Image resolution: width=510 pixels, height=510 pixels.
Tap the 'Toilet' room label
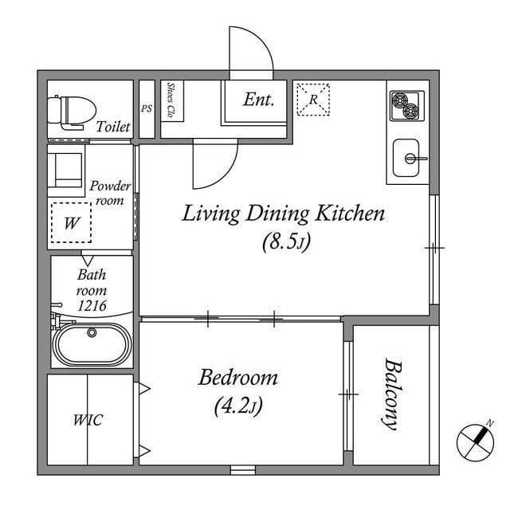click(x=113, y=127)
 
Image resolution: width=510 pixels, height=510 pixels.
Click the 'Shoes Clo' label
click(x=172, y=100)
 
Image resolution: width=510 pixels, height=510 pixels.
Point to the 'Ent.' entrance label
click(x=258, y=100)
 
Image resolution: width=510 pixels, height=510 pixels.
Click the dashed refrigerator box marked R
click(x=313, y=100)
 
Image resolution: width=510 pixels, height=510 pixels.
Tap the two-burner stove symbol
click(x=406, y=104)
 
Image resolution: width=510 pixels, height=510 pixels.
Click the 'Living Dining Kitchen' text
click(x=284, y=214)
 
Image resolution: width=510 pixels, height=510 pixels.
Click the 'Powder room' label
click(x=109, y=193)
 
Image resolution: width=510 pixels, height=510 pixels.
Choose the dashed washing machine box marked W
click(x=71, y=223)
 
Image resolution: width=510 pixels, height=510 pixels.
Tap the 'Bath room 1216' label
click(x=92, y=290)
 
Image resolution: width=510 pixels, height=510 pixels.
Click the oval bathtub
click(x=92, y=343)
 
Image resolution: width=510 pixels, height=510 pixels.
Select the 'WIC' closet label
click(x=88, y=419)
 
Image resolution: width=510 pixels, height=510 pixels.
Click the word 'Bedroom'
click(x=238, y=377)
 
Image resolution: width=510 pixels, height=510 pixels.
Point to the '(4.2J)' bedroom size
click(x=238, y=406)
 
